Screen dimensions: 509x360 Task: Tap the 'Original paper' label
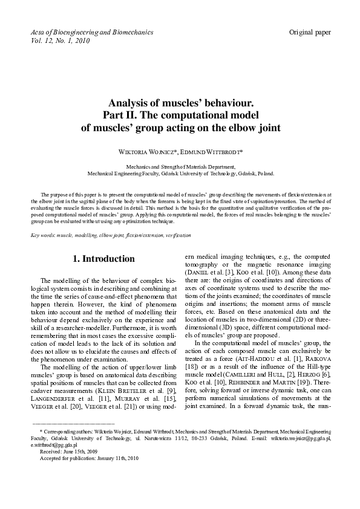(310, 31)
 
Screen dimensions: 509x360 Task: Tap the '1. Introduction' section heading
(103, 259)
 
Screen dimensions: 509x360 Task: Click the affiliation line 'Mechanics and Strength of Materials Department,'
(180, 165)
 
